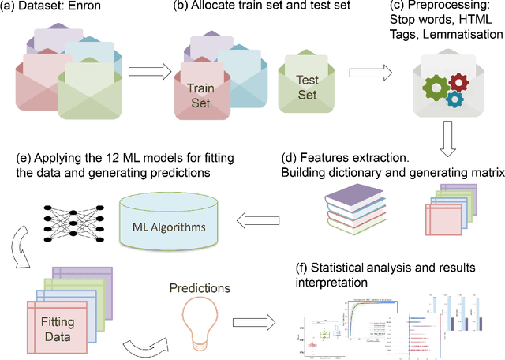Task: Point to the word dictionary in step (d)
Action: coord(350,167)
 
